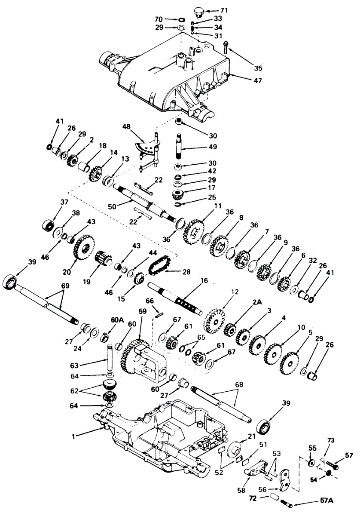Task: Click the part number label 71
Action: (224, 9)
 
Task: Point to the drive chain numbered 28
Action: (159, 265)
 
